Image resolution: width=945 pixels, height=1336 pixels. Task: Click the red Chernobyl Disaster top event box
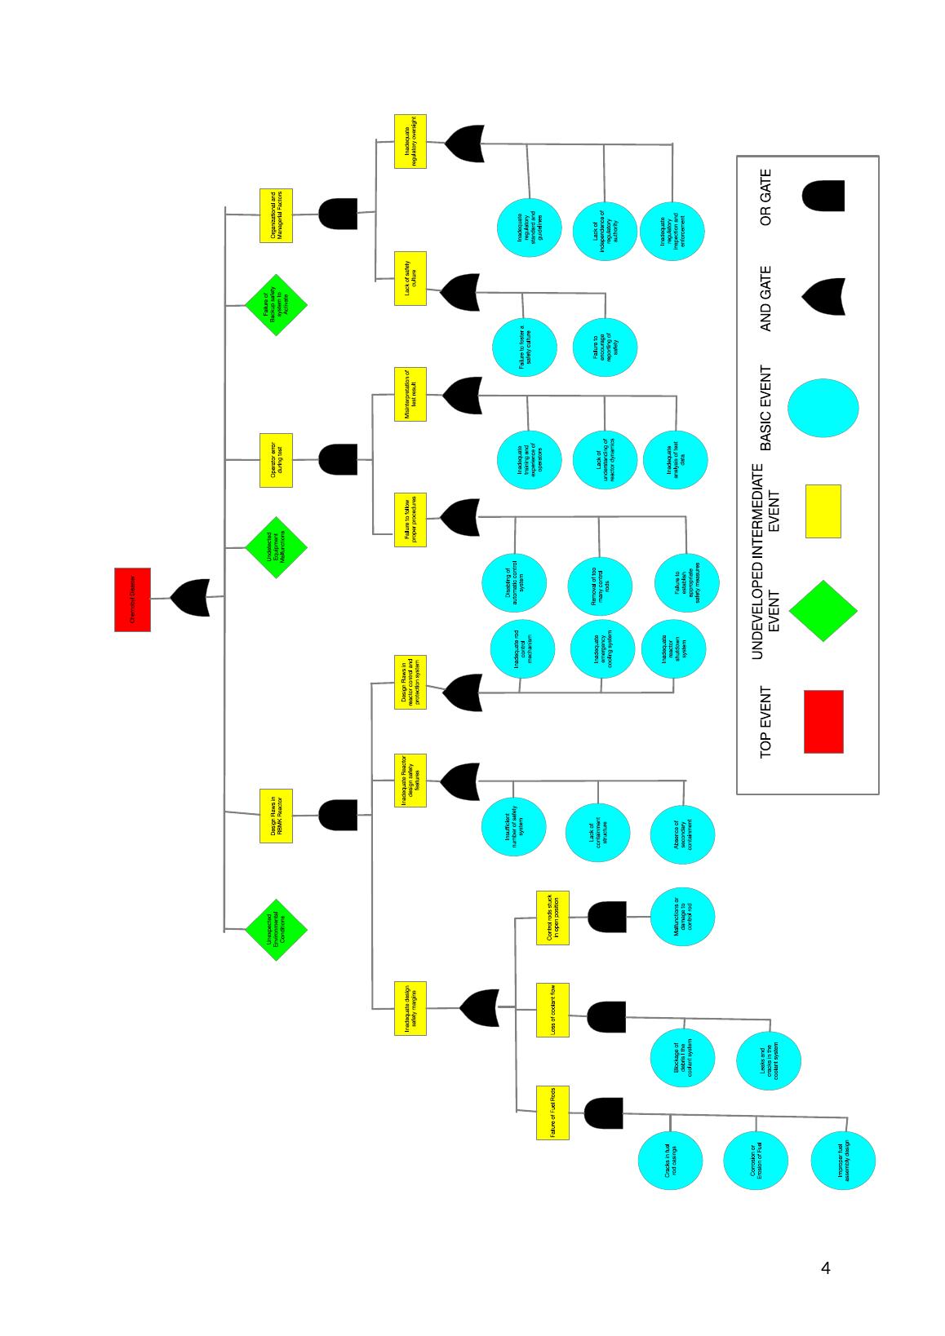(x=132, y=599)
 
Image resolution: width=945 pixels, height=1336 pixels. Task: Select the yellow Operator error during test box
(x=276, y=461)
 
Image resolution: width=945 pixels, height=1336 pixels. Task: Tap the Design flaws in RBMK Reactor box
(x=276, y=816)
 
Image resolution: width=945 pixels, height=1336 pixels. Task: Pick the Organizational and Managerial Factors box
(x=276, y=215)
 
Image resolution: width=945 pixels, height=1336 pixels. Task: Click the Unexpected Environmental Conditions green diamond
(x=276, y=930)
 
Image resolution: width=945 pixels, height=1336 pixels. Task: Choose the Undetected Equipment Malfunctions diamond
(x=276, y=547)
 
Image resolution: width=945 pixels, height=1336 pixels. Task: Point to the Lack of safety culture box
(x=410, y=278)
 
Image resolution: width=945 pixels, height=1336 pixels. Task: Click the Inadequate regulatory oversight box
(x=410, y=141)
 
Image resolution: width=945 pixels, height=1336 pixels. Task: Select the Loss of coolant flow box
(x=552, y=1010)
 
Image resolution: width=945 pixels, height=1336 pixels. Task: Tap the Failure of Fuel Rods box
(x=552, y=1113)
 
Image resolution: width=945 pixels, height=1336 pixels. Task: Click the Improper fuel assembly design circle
(x=843, y=1161)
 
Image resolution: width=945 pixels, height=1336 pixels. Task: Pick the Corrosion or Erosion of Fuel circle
(x=756, y=1161)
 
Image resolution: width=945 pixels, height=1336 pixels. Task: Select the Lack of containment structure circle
(x=597, y=833)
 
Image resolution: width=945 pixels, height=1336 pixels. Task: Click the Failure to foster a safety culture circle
(x=525, y=347)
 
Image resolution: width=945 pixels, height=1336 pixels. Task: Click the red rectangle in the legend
(x=823, y=722)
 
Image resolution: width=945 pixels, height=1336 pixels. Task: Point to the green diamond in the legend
(x=823, y=611)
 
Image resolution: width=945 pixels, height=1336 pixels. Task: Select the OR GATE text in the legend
(x=765, y=197)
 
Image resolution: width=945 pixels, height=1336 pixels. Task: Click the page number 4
(x=826, y=1268)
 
